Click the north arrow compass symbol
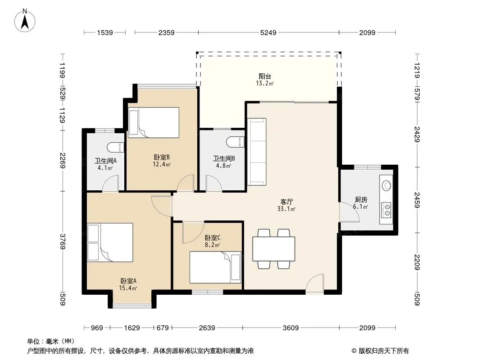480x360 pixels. [x=25, y=21]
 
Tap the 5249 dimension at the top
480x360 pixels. [x=268, y=32]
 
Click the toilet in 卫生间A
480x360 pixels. [x=115, y=148]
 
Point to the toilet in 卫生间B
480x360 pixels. [x=235, y=142]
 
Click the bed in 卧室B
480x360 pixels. [x=154, y=122]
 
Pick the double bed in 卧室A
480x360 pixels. [x=110, y=242]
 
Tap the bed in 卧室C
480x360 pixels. [x=215, y=267]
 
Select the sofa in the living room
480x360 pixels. [x=257, y=152]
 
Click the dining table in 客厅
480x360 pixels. [x=274, y=249]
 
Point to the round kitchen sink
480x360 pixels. [x=387, y=186]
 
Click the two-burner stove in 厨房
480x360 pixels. [x=387, y=210]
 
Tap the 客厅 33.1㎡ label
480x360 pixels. [x=286, y=205]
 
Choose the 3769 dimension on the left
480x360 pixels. [x=63, y=241]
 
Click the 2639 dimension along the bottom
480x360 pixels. [x=207, y=328]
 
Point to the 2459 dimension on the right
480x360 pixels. [x=417, y=200]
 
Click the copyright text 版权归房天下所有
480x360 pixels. [x=384, y=351]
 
